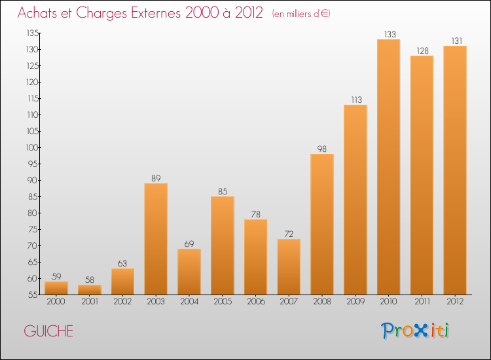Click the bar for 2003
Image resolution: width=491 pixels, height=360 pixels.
pyautogui.click(x=156, y=239)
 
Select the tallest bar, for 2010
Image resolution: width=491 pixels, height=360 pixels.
pyautogui.click(x=388, y=167)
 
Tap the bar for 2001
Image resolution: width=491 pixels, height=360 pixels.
pyautogui.click(x=89, y=289)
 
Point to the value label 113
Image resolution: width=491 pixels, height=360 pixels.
pyautogui.click(x=355, y=99)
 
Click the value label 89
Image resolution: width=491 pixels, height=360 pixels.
pyautogui.click(x=156, y=178)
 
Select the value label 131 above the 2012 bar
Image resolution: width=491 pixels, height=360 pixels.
pyautogui.click(x=455, y=41)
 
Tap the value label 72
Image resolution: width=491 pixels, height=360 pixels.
pyautogui.click(x=289, y=234)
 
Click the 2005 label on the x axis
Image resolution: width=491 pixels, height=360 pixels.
pyautogui.click(x=223, y=302)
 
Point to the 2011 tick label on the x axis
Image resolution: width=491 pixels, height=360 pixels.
pyautogui.click(x=422, y=302)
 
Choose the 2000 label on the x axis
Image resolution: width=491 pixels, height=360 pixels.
pyautogui.click(x=56, y=302)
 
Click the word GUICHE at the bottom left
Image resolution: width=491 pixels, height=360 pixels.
pyautogui.click(x=48, y=331)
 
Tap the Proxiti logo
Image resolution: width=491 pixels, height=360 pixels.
pyautogui.click(x=416, y=331)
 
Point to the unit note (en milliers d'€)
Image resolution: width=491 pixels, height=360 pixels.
pyautogui.click(x=301, y=14)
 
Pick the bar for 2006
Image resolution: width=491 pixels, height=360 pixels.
pyautogui.click(x=255, y=257)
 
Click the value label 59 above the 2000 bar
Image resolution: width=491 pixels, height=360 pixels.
pyautogui.click(x=56, y=276)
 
